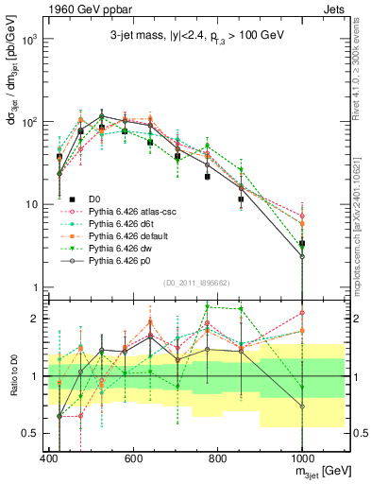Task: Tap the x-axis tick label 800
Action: point(217,459)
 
